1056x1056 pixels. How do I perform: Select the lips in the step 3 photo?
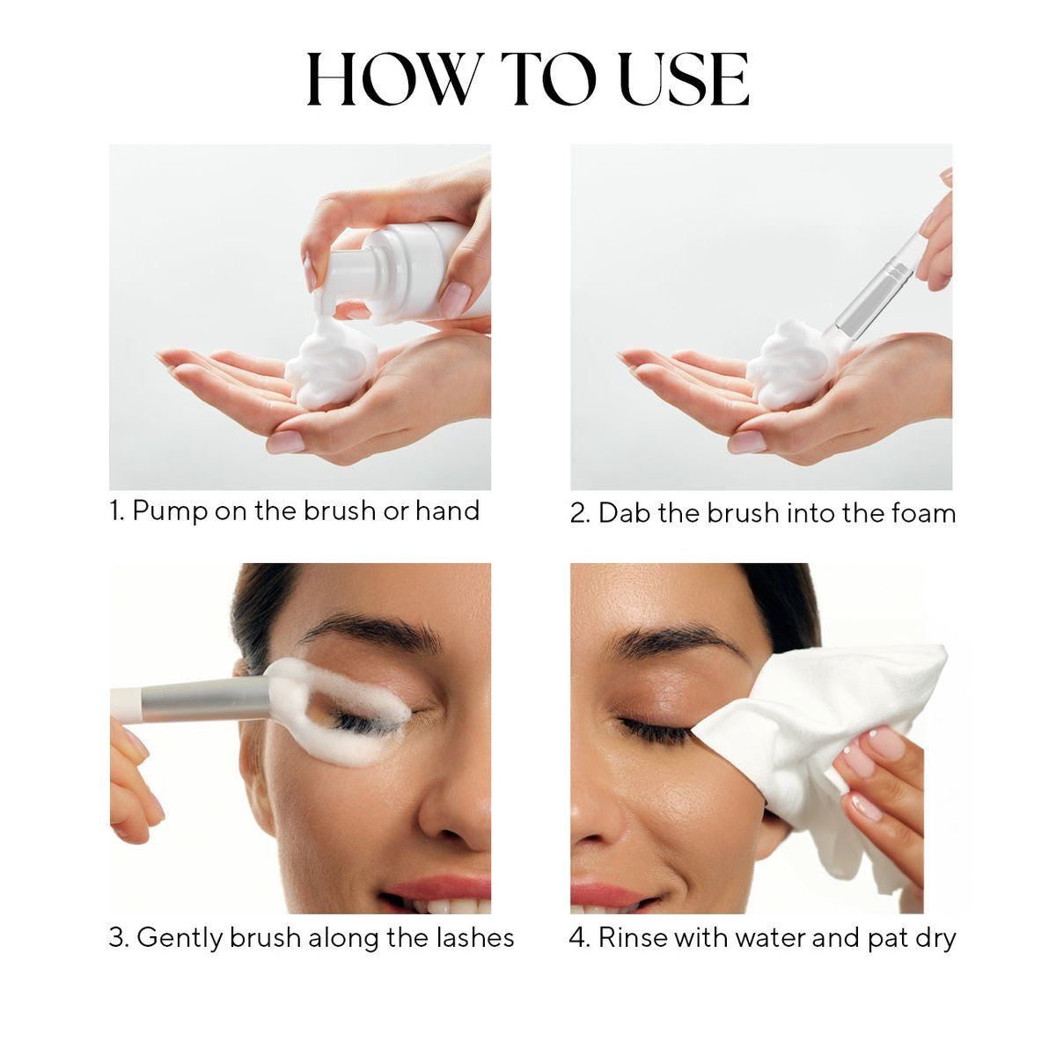pyautogui.click(x=440, y=889)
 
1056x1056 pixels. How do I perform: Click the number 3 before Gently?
pyautogui.click(x=117, y=938)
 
